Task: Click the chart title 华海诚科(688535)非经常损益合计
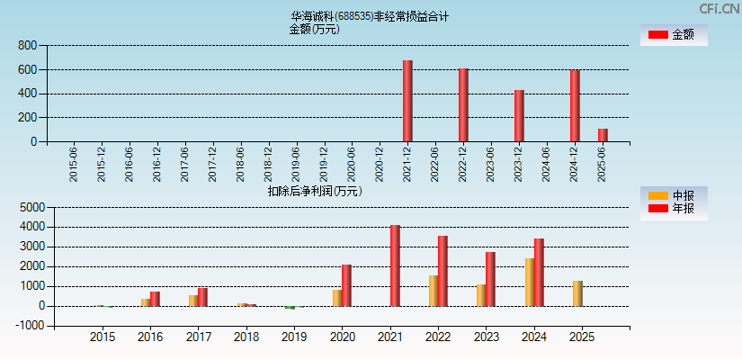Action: pos(370,16)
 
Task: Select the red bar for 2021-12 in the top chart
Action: pos(407,101)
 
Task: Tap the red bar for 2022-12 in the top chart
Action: pos(463,104)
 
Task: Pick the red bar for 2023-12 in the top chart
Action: pos(519,115)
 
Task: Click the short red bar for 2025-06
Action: pos(603,135)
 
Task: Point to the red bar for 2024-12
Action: pos(575,105)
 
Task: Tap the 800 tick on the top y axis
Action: pos(27,45)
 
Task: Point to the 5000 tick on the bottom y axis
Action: pos(31,207)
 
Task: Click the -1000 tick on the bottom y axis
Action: pos(29,326)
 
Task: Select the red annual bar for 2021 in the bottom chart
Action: pos(395,265)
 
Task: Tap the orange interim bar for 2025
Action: pos(577,293)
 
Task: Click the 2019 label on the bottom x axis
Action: pos(295,337)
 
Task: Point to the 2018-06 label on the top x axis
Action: pos(240,165)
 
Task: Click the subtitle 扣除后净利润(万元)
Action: pos(315,191)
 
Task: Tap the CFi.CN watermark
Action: pos(719,9)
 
